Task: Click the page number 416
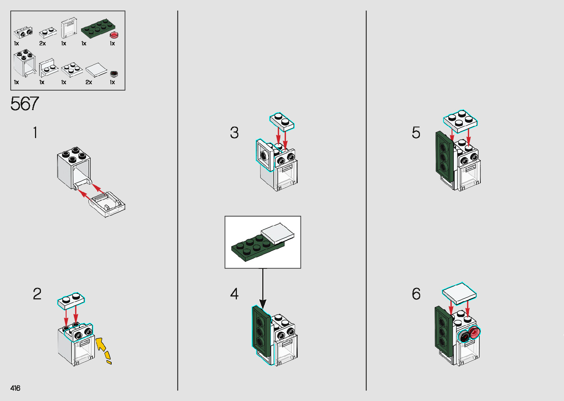(x=15, y=388)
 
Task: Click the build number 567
(x=24, y=103)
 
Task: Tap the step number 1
(x=35, y=133)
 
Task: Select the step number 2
(x=37, y=294)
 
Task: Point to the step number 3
(x=234, y=133)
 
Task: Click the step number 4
(x=234, y=294)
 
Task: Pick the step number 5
(x=416, y=133)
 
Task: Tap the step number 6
(x=416, y=294)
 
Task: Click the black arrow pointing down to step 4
(x=263, y=288)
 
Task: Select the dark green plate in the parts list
(x=98, y=28)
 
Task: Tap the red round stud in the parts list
(x=114, y=35)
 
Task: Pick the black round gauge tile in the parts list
(x=114, y=74)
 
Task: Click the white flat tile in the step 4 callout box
(x=278, y=233)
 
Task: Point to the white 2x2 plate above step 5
(x=460, y=122)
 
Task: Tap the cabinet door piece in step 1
(x=107, y=204)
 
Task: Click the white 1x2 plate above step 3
(x=282, y=122)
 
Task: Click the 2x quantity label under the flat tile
(x=89, y=82)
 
